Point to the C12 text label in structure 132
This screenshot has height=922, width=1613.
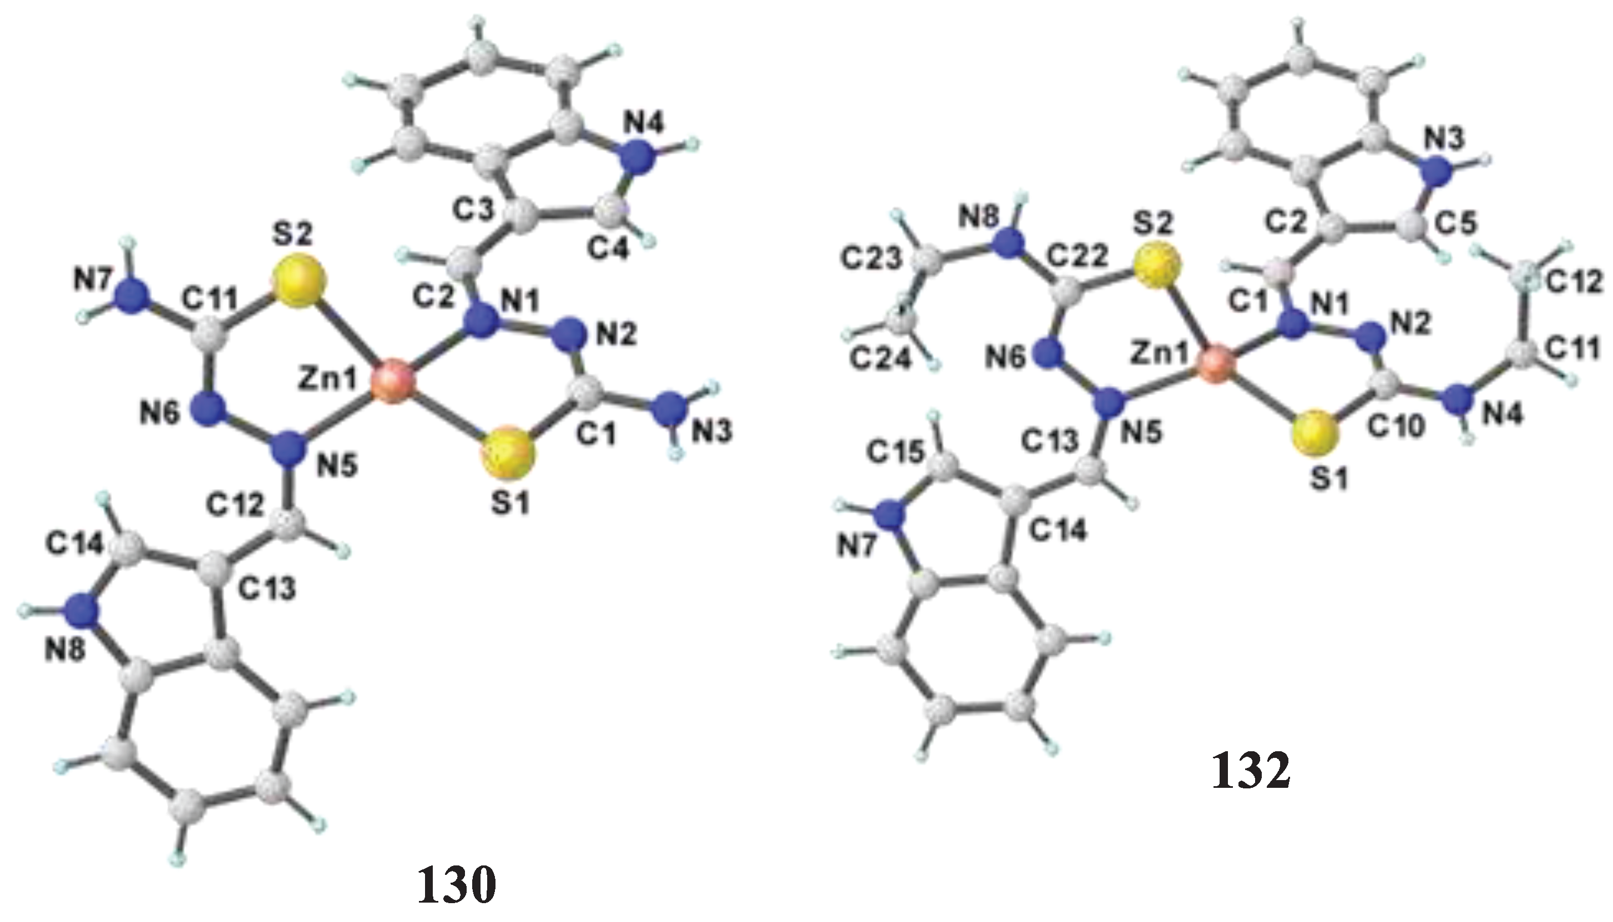coord(1577,283)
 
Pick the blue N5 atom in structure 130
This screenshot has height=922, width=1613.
coord(289,451)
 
